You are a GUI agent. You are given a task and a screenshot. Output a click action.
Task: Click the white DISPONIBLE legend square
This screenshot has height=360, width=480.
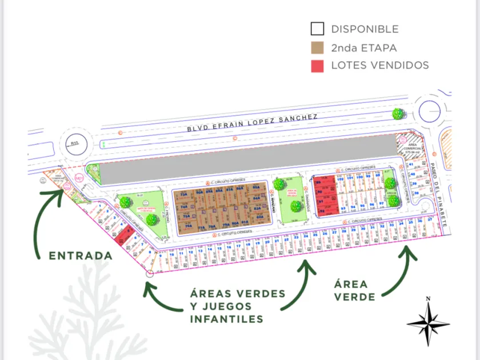coord(317,29)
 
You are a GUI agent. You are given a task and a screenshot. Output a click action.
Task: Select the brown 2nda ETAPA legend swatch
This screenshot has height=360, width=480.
coord(317,47)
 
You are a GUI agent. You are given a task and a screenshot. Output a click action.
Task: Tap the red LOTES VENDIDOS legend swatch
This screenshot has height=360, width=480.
coord(317,66)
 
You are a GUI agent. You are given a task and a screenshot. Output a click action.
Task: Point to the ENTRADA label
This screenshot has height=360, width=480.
coord(81,255)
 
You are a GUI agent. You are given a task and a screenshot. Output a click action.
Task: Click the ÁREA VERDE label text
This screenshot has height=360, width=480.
coord(351,290)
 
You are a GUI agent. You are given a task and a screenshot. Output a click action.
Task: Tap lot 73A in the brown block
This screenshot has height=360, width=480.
coord(184,194)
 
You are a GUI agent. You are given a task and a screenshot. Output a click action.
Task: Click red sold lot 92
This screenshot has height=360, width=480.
coord(322,210)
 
